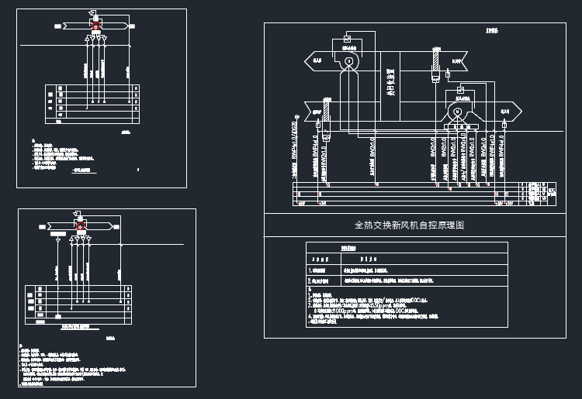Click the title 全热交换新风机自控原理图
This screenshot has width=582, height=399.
click(x=409, y=225)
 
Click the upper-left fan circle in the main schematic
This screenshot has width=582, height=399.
click(x=349, y=61)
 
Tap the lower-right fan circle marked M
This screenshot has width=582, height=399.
click(x=457, y=112)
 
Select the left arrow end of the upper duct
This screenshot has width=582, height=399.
click(x=314, y=60)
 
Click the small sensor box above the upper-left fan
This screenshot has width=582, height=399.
click(x=348, y=39)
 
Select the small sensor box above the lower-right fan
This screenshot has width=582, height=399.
click(x=460, y=91)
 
